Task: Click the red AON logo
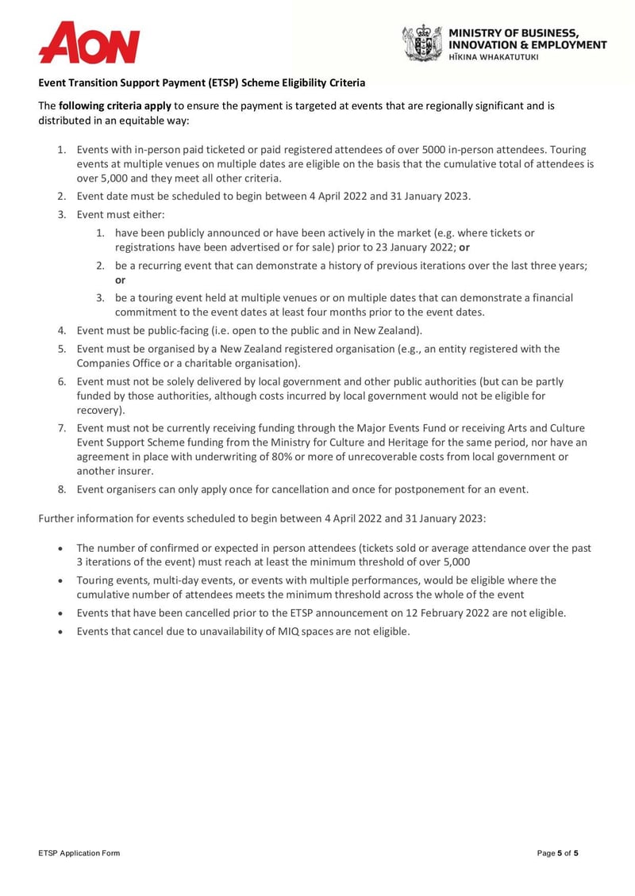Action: pyautogui.click(x=89, y=43)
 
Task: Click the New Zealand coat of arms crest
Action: pyautogui.click(x=421, y=43)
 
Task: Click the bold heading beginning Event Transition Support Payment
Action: pyautogui.click(x=202, y=82)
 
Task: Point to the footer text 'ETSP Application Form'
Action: pyautogui.click(x=79, y=853)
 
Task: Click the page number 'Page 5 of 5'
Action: pyautogui.click(x=558, y=853)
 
